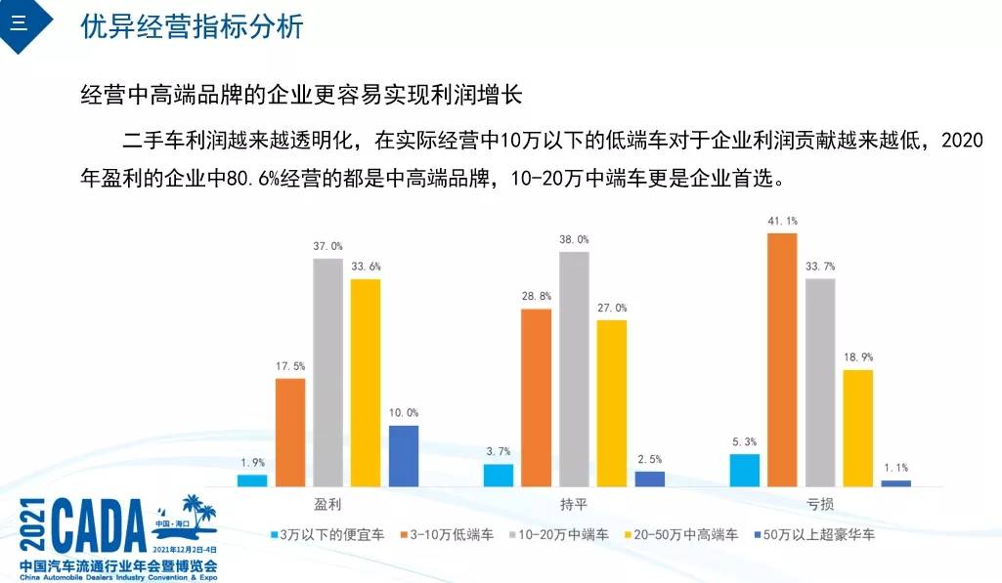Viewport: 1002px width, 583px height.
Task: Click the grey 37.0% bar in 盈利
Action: pos(327,372)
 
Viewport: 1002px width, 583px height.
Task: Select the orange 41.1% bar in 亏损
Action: pos(782,359)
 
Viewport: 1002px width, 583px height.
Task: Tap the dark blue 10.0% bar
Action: pos(404,456)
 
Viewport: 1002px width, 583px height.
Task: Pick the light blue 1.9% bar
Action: pos(252,480)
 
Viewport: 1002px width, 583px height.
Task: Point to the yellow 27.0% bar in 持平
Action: pos(612,403)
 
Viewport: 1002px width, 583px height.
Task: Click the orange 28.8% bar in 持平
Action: pos(536,397)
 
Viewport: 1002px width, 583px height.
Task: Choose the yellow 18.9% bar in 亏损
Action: pos(858,428)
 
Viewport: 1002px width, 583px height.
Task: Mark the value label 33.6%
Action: pos(367,267)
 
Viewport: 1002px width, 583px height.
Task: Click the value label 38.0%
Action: pos(574,239)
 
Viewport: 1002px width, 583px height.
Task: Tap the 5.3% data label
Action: pos(745,441)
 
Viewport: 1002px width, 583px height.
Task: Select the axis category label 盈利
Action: pos(327,505)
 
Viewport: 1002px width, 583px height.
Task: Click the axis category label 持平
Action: pos(574,505)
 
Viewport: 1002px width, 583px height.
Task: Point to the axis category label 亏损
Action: pos(820,505)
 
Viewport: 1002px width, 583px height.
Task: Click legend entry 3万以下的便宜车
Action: pos(327,534)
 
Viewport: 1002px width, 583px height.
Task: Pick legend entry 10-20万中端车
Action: pos(559,534)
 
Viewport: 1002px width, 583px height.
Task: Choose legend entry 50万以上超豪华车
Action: pos(814,534)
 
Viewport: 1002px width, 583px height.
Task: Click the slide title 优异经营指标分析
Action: pos(192,26)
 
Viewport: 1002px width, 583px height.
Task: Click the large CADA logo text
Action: pos(99,526)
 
